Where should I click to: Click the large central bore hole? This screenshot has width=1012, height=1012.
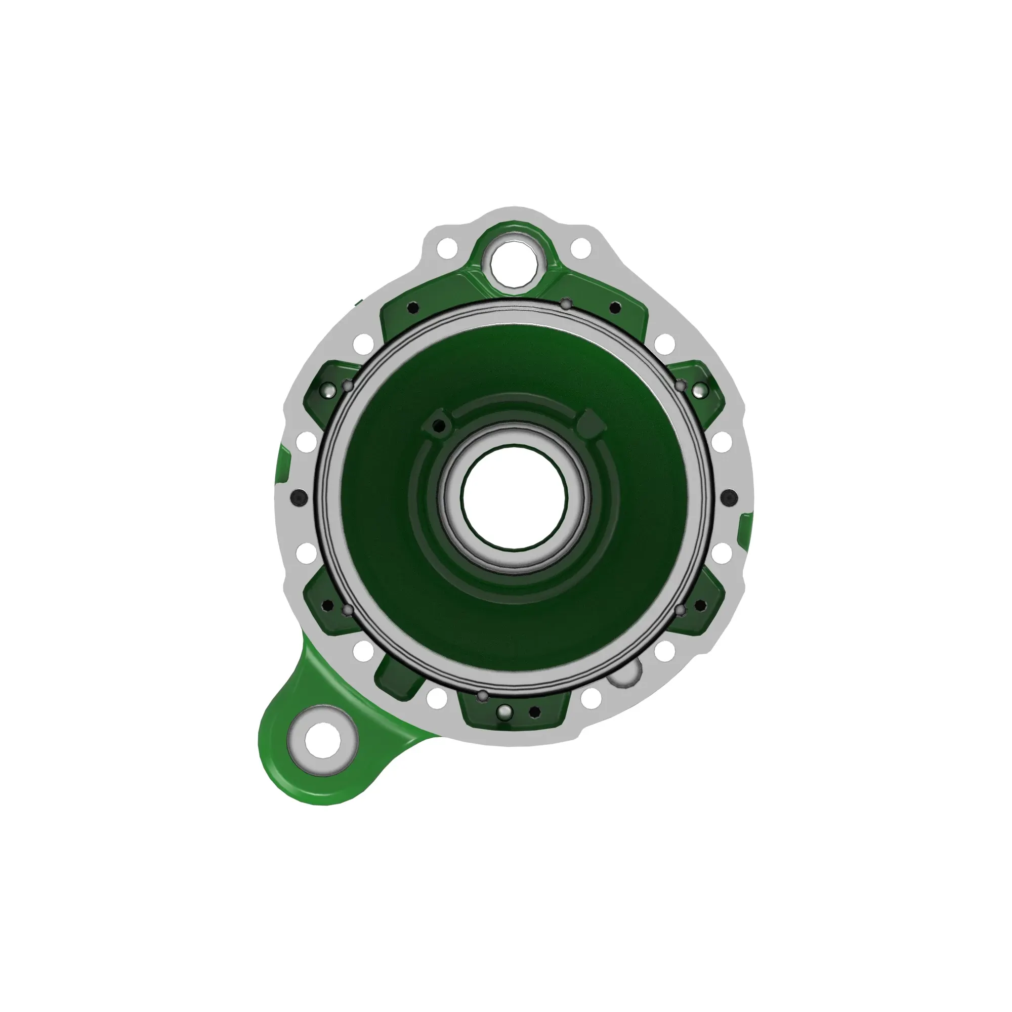[x=514, y=497]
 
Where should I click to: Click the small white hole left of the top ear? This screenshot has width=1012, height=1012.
[x=448, y=246]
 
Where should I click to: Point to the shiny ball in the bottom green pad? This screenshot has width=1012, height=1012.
[x=505, y=711]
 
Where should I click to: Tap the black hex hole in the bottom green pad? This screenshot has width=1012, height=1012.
[x=534, y=711]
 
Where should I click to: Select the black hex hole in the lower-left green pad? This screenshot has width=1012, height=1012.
[x=328, y=606]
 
